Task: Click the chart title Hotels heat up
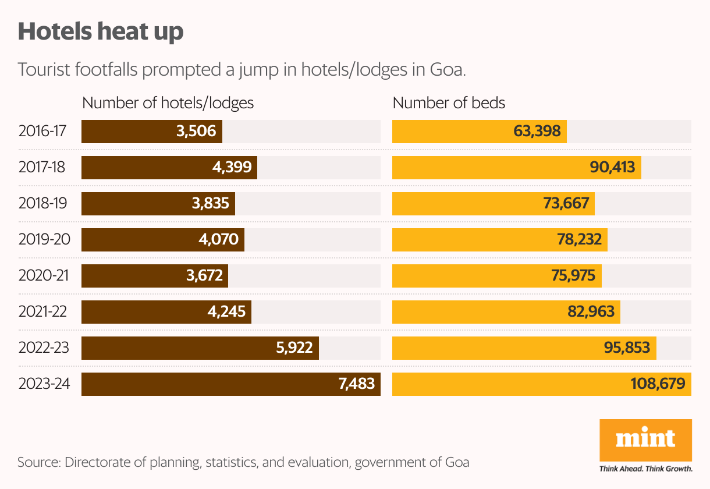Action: click(x=101, y=31)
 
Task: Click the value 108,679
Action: click(x=658, y=384)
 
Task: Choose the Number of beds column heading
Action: click(x=449, y=103)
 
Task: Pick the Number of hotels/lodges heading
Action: click(x=168, y=103)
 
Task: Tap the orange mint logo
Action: click(x=645, y=440)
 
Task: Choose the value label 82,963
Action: click(x=591, y=312)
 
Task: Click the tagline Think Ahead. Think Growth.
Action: click(x=645, y=468)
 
